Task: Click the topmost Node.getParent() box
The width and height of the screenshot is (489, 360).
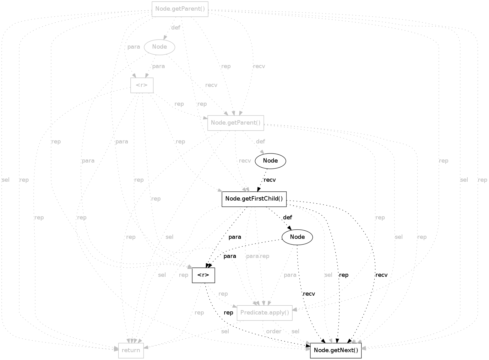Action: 180,9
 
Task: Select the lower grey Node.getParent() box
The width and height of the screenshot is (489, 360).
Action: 236,123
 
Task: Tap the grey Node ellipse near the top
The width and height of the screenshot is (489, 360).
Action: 160,47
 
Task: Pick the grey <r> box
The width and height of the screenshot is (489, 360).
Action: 142,85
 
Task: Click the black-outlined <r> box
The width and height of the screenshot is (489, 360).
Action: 204,275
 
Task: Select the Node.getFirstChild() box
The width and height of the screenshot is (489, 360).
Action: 254,199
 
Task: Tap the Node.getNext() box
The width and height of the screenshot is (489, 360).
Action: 336,351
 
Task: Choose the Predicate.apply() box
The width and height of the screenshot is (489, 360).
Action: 264,313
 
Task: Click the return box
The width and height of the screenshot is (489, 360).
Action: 131,351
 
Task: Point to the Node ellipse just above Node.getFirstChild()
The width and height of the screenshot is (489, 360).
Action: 270,161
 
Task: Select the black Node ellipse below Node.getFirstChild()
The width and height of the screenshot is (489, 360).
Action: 297,237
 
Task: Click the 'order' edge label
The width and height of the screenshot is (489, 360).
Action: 274,331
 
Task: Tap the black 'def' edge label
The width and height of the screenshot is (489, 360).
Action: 287,218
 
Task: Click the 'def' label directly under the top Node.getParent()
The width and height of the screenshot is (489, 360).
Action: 176,28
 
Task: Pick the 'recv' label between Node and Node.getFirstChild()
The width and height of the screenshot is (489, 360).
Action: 270,180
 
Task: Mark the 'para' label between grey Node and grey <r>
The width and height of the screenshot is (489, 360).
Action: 158,66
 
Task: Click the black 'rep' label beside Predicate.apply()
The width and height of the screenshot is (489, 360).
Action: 228,313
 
